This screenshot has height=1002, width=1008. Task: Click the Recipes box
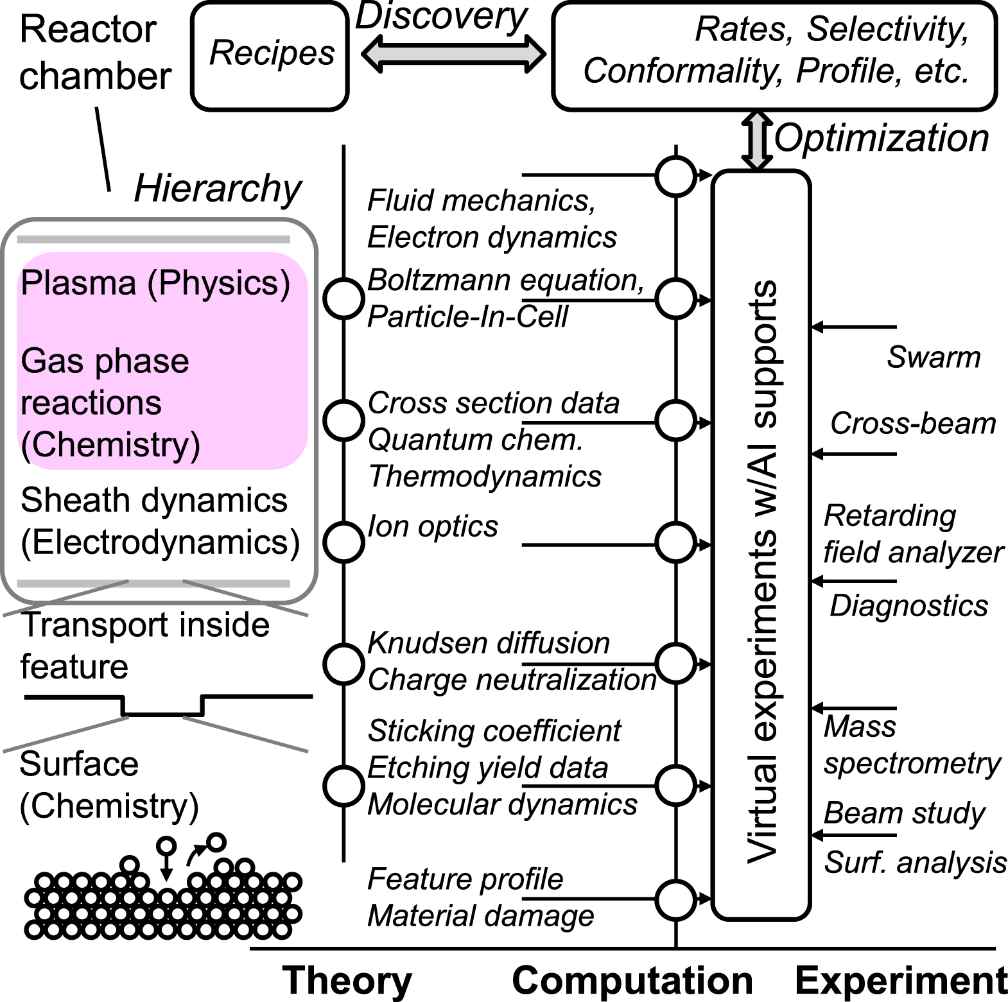270,55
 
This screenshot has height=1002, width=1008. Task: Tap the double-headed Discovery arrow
453,55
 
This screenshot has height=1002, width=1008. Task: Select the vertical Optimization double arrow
757,141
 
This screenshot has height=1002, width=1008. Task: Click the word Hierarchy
217,189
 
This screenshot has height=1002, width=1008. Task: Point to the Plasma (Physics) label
155,283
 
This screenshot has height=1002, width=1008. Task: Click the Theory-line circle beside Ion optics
343,541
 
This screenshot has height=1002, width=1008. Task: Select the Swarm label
934,358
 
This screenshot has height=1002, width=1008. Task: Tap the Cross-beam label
912,424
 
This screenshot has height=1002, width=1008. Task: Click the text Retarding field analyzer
912,534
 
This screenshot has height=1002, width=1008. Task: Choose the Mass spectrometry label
911,745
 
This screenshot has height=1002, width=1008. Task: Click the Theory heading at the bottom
347,981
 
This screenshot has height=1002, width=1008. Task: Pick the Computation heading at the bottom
632,981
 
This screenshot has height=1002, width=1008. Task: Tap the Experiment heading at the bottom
901,981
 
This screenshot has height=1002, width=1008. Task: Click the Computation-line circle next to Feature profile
675,899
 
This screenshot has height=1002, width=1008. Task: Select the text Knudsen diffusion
488,643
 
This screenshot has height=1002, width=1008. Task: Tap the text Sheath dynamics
154,501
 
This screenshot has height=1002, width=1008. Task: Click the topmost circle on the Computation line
675,175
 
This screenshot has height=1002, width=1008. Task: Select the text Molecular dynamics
502,805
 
